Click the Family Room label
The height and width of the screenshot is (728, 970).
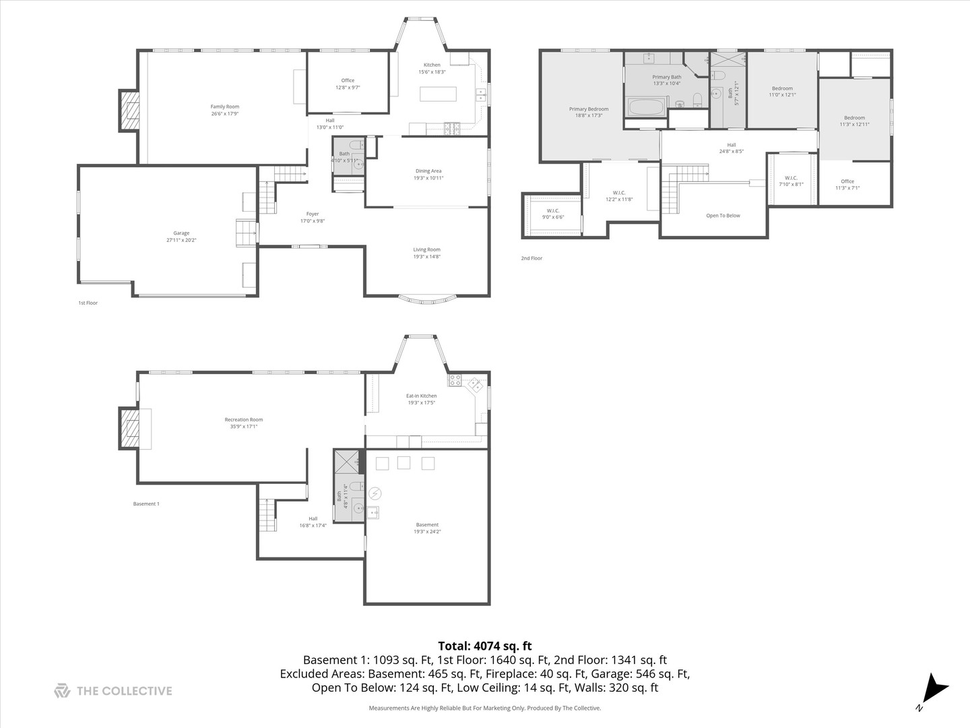[224, 107]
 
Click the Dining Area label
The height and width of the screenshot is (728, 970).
[428, 171]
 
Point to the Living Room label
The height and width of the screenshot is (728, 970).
[426, 249]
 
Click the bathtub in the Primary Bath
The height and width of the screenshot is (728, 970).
[645, 107]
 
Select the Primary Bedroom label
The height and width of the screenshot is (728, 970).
[588, 109]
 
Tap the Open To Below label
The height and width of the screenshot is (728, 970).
[723, 216]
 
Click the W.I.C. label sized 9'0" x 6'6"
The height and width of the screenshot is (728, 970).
[552, 210]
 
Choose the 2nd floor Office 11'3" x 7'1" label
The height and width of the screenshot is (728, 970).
[847, 181]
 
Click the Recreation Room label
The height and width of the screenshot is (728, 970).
[244, 420]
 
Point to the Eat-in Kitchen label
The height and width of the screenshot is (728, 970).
[421, 396]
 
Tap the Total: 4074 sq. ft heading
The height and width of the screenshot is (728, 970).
[484, 646]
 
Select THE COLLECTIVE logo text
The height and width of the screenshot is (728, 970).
[124, 691]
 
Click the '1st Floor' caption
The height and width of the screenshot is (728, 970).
[88, 303]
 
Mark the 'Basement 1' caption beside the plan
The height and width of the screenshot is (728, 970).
[146, 504]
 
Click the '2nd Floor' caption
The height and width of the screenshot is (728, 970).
[531, 258]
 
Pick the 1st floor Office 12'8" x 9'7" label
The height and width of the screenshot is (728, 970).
[348, 80]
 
